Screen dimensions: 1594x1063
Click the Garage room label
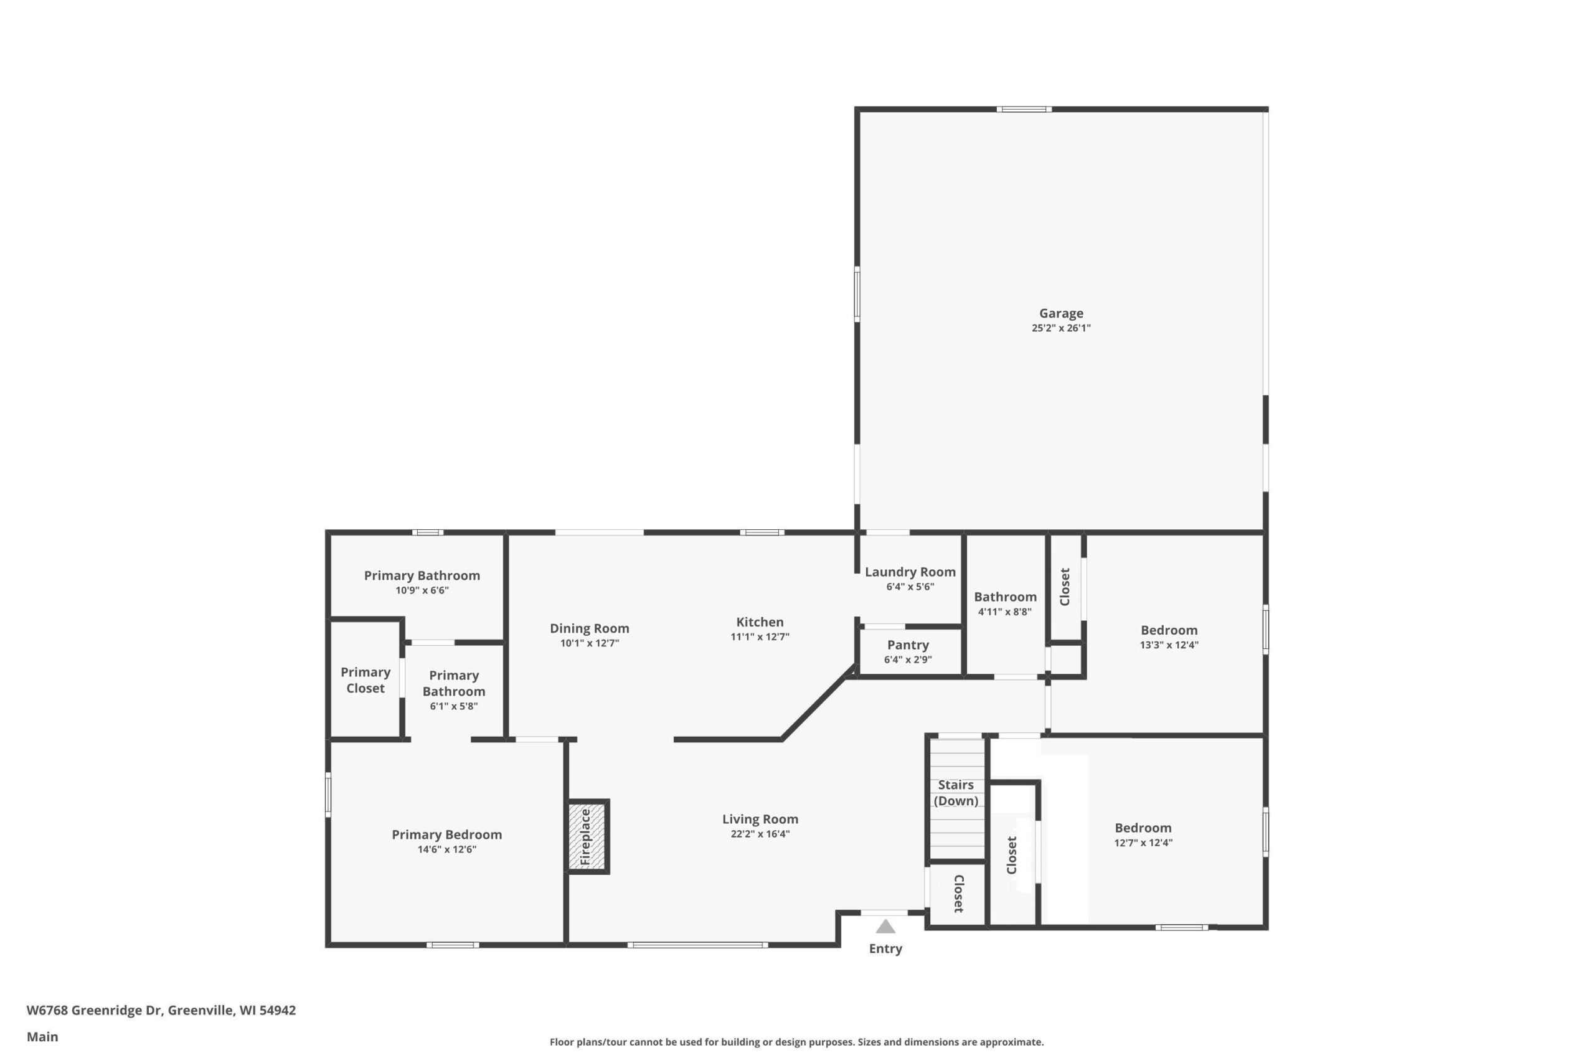click(x=1061, y=313)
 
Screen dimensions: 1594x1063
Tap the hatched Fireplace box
click(x=588, y=836)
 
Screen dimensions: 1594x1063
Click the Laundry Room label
click(x=910, y=572)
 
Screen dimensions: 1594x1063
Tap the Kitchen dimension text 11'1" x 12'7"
click(x=760, y=636)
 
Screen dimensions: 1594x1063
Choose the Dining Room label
click(x=590, y=628)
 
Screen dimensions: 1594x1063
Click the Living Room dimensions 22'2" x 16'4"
click(x=760, y=834)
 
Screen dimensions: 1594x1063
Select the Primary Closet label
click(x=365, y=680)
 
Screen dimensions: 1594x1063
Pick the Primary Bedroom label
click(x=446, y=834)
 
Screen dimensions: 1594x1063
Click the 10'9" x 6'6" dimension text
click(x=422, y=590)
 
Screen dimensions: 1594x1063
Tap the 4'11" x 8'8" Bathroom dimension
click(x=1005, y=612)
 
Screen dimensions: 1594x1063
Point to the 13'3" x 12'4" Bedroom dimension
click(x=1169, y=645)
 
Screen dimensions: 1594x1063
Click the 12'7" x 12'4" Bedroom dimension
click(x=1143, y=843)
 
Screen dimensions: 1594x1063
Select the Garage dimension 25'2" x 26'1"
click(x=1061, y=328)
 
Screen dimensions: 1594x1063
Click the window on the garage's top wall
click(x=1024, y=109)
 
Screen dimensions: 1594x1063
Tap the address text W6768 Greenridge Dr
click(x=94, y=1010)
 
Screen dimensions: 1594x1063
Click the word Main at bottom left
click(x=42, y=1037)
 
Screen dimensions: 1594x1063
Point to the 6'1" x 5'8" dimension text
click(x=454, y=706)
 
